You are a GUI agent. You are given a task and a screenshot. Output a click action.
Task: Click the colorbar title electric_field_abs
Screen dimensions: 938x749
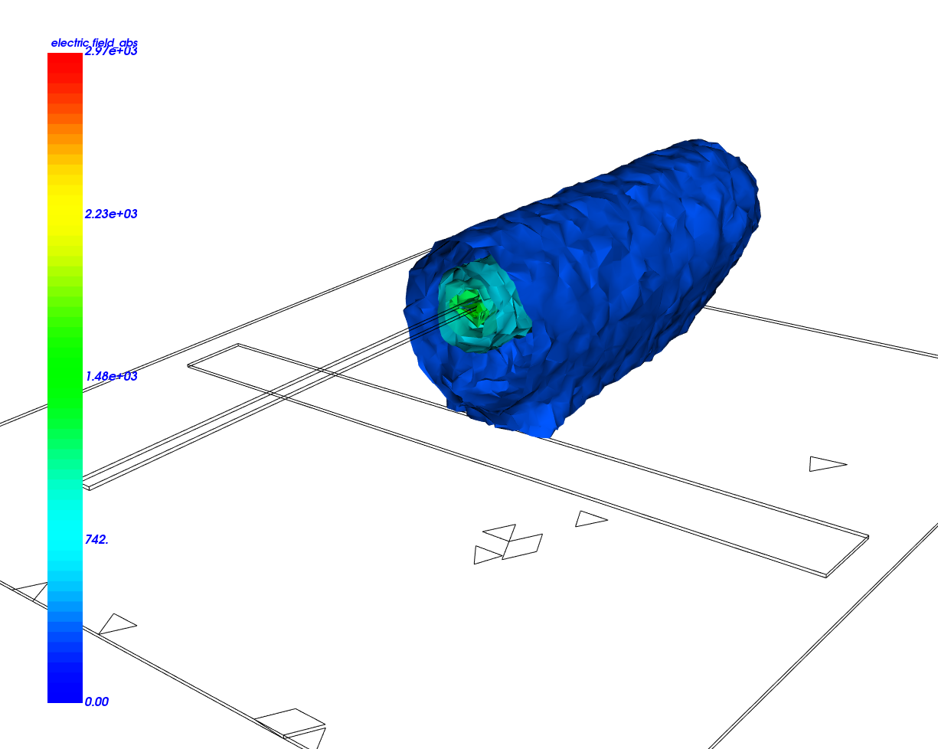click(x=94, y=43)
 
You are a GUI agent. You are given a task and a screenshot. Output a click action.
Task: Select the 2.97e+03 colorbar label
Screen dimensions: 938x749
click(x=111, y=51)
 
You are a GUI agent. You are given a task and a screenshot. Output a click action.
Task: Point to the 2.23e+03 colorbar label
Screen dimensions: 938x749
click(x=111, y=214)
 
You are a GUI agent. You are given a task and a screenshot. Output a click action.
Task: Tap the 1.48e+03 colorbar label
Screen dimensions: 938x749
click(x=111, y=376)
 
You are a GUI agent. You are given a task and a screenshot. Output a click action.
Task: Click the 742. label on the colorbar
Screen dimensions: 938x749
click(x=96, y=540)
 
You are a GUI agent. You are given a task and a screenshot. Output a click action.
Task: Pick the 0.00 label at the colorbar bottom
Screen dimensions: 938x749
click(x=96, y=702)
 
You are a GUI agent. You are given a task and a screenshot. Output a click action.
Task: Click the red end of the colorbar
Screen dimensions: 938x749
click(x=65, y=65)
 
